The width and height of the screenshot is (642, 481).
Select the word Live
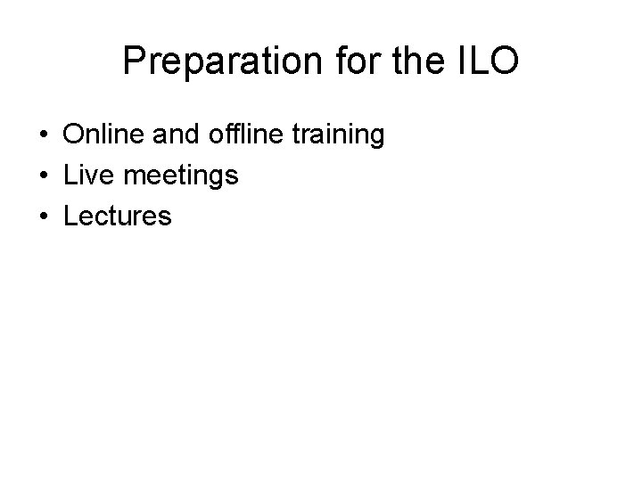pos(87,175)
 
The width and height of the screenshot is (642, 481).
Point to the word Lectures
pos(117,216)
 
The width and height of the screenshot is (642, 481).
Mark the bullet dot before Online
pos(44,136)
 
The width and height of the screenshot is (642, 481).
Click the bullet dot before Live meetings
pos(44,176)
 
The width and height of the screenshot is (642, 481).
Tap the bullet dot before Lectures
pos(44,216)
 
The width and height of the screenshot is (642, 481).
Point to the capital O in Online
pos(74,135)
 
